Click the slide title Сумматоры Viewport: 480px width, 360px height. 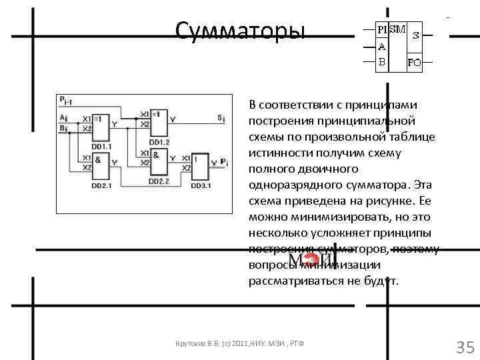click(239, 30)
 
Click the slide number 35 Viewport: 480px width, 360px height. click(464, 347)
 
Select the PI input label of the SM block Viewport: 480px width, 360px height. click(382, 30)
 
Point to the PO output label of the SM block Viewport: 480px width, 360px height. click(415, 64)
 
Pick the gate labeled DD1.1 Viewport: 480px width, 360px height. click(102, 124)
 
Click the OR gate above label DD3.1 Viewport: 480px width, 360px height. click(201, 166)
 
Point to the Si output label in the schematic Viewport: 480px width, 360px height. click(221, 117)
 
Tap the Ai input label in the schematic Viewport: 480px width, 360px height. click(63, 117)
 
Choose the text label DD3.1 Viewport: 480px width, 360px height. click(201, 186)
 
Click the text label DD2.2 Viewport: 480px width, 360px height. click(159, 181)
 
